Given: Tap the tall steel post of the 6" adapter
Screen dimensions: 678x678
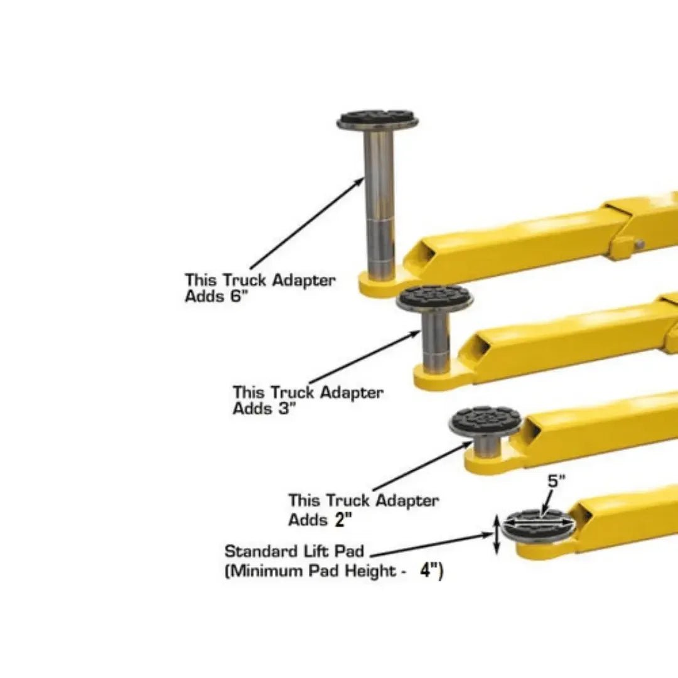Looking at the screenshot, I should point(379,201).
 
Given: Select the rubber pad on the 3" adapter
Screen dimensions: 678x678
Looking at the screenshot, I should point(434,298).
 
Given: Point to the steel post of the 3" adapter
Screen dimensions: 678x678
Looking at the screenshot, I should point(435,342).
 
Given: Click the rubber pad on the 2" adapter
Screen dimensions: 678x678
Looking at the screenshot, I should point(485,421).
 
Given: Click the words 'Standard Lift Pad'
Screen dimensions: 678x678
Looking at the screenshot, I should point(294,552).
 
